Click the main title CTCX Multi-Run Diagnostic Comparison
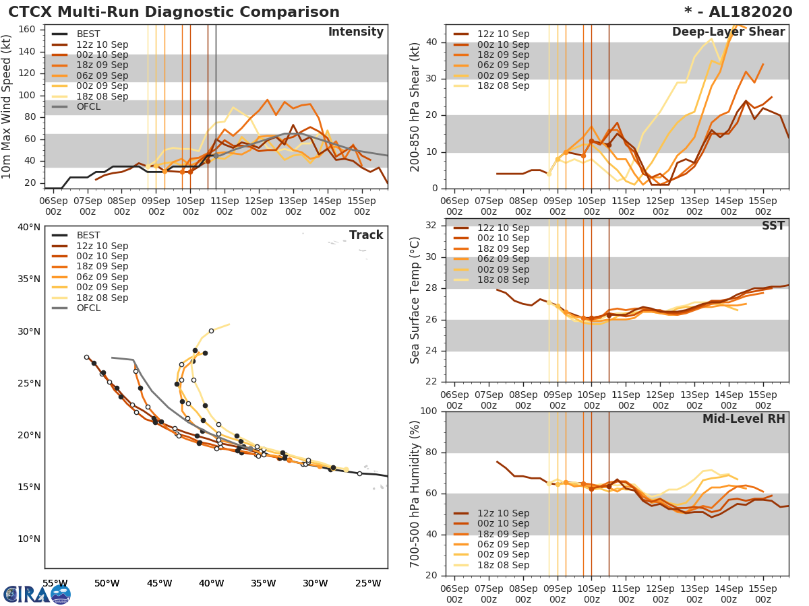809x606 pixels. (x=174, y=12)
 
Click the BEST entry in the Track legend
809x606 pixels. (x=88, y=235)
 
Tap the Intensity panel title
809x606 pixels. (x=355, y=32)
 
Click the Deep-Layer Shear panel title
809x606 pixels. (x=728, y=32)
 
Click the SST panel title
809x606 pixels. (x=773, y=226)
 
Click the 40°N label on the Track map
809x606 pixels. (x=28, y=227)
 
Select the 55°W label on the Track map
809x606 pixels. (x=55, y=583)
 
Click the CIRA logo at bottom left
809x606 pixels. (x=36, y=594)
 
